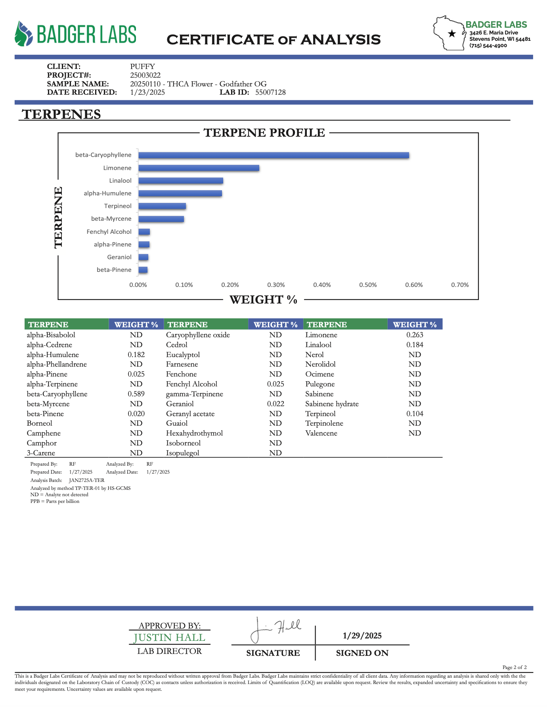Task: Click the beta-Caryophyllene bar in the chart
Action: click(x=273, y=155)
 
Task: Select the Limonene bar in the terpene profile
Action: click(x=199, y=168)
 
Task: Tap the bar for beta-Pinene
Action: click(x=143, y=270)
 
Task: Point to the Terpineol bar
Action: click(x=162, y=206)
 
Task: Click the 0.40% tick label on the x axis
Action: click(x=322, y=285)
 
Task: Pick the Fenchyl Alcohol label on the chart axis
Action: click(x=109, y=232)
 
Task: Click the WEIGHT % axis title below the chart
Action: click(x=264, y=300)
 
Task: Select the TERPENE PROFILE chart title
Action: click(x=264, y=133)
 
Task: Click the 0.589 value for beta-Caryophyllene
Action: click(x=136, y=394)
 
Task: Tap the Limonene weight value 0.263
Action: click(x=415, y=335)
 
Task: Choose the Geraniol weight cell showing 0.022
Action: click(x=275, y=404)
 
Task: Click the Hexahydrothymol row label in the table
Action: click(x=194, y=433)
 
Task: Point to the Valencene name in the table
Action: click(x=321, y=433)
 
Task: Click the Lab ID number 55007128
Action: click(x=270, y=92)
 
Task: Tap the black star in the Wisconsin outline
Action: click(x=451, y=34)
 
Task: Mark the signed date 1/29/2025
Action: click(x=362, y=636)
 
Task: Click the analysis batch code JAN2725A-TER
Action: click(x=86, y=480)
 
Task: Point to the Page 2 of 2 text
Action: click(x=514, y=667)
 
